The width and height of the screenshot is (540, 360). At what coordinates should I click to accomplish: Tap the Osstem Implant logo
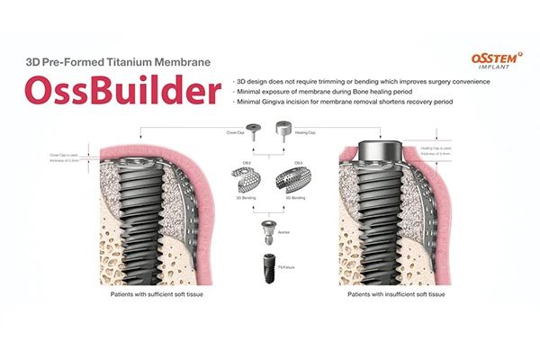491,59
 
